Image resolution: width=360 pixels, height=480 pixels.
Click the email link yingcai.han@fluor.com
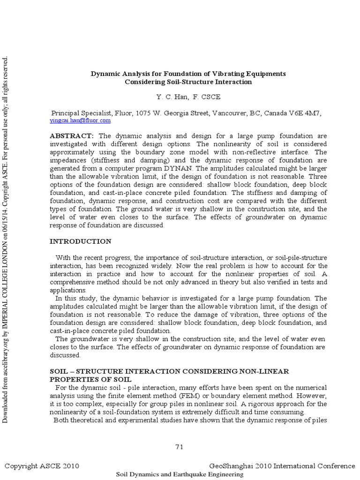tap(80, 120)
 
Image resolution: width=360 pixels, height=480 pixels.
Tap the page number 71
tap(180, 447)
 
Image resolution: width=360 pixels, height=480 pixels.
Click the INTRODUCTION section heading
tap(81, 241)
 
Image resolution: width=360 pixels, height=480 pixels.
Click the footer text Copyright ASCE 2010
tap(42, 466)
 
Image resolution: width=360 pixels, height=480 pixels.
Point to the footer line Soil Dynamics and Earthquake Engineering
tap(180, 474)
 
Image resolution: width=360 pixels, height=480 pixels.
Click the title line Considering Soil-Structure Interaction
tap(188, 82)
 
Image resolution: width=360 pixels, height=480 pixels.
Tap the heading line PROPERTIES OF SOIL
tap(90, 379)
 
